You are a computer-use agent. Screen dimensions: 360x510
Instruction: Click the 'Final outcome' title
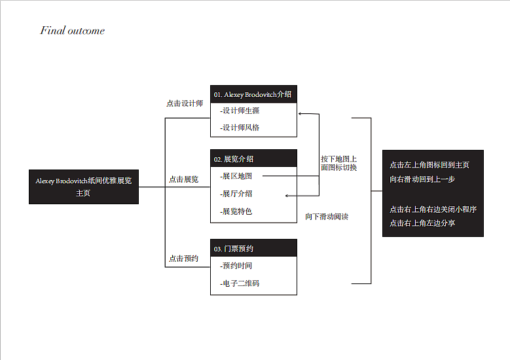coord(72,31)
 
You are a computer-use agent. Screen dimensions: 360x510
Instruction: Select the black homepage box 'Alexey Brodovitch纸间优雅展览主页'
coord(84,187)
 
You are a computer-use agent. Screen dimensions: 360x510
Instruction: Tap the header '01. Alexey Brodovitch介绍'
coord(253,94)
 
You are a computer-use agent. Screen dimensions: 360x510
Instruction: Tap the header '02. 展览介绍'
coord(234,159)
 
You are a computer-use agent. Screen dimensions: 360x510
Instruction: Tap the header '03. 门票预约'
coord(234,249)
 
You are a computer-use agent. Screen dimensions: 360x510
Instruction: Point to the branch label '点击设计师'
coord(185,103)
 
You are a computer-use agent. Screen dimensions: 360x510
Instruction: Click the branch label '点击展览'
coord(183,179)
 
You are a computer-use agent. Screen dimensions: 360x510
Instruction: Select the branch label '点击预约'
coord(183,259)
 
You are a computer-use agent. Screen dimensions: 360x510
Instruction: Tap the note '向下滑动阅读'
coord(327,217)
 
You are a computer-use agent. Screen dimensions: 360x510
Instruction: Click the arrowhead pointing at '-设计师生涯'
coord(301,114)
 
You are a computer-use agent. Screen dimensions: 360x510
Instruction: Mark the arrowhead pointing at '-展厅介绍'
coord(287,196)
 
